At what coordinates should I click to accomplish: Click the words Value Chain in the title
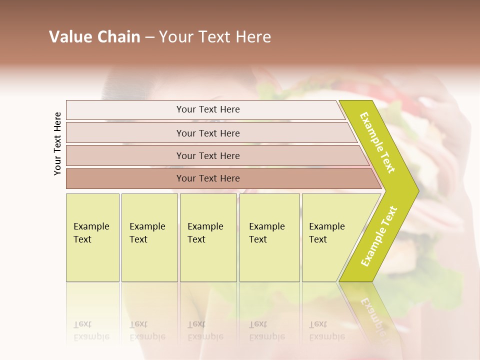pos(94,37)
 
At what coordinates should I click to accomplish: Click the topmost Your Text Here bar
pos(208,109)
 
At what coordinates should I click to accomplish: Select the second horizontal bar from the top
pos(208,133)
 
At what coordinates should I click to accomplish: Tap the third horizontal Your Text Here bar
pos(208,155)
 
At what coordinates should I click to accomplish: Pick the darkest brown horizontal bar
pos(208,178)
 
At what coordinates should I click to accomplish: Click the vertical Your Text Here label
pos(57,143)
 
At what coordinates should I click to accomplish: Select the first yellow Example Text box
pos(92,237)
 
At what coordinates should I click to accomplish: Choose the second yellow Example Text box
pos(149,237)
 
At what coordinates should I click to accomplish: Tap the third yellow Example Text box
pos(208,237)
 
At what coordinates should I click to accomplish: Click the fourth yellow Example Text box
pos(269,237)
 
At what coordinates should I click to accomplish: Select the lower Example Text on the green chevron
pos(379,236)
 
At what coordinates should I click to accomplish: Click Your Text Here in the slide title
pos(215,37)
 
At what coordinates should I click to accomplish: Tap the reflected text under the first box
pos(91,330)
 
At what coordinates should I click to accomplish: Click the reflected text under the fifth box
pos(327,330)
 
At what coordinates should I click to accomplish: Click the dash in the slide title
pos(149,37)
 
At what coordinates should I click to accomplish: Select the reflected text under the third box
pos(205,330)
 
